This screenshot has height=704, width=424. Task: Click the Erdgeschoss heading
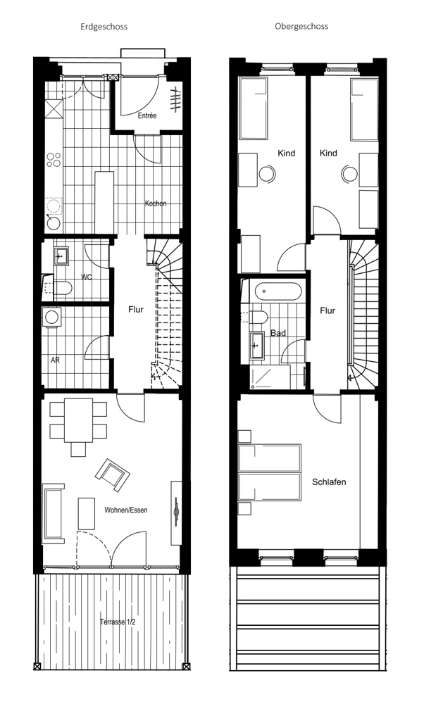pyautogui.click(x=104, y=27)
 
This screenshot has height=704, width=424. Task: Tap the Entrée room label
pyautogui.click(x=147, y=115)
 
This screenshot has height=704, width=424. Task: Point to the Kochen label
pyautogui.click(x=156, y=203)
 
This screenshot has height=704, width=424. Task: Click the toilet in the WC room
pyautogui.click(x=61, y=288)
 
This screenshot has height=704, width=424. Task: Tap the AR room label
pyautogui.click(x=55, y=360)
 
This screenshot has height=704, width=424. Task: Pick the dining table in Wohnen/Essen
pyautogui.click(x=79, y=420)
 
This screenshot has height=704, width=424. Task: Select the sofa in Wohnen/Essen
pyautogui.click(x=54, y=513)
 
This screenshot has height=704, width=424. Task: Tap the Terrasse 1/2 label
pyautogui.click(x=118, y=622)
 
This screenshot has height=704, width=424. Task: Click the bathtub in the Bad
pyautogui.click(x=278, y=292)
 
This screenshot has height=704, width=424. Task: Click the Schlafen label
pyautogui.click(x=329, y=482)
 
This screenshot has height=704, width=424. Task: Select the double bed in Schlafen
pyautogui.click(x=270, y=472)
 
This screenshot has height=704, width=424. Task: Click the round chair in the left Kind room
pyautogui.click(x=268, y=173)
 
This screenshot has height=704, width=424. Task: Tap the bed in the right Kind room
pyautogui.click(x=364, y=110)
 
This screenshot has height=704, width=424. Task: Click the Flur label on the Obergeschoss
pyautogui.click(x=328, y=310)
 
